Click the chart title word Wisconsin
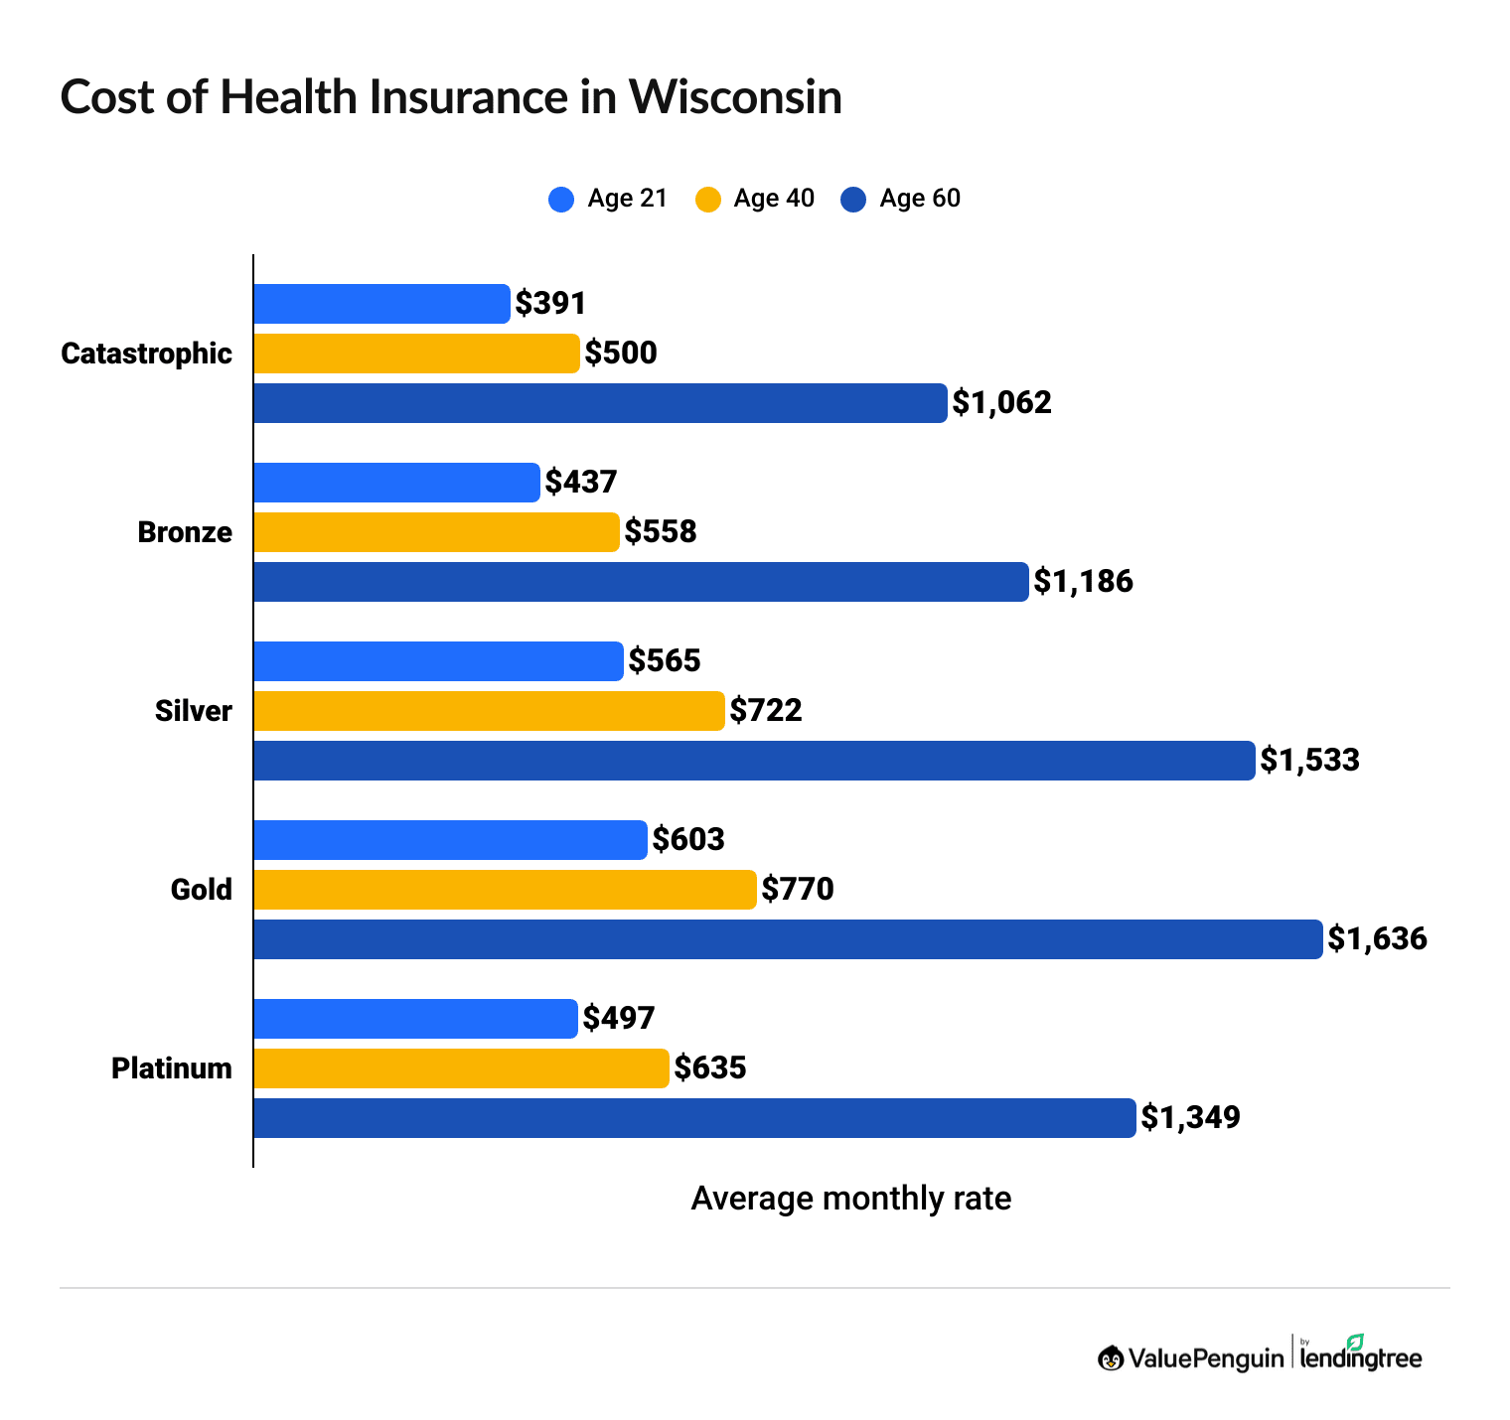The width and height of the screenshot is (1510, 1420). pyautogui.click(x=734, y=98)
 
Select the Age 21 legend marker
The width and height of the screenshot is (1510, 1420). pyautogui.click(x=561, y=199)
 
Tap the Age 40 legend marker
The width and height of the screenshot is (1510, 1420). pyautogui.click(x=707, y=199)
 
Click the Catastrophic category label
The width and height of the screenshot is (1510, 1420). pyautogui.click(x=146, y=354)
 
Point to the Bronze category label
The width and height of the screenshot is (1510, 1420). pyautogui.click(x=185, y=532)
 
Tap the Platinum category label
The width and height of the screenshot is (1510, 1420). pyautogui.click(x=172, y=1068)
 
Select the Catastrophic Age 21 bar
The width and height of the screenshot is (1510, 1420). pyautogui.click(x=381, y=304)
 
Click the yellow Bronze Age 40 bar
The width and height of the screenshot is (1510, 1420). pyautogui.click(x=436, y=532)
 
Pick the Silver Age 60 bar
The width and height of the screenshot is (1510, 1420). pyautogui.click(x=754, y=761)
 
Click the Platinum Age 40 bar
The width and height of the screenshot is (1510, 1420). pyautogui.click(x=461, y=1068)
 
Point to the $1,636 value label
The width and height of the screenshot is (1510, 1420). pyautogui.click(x=1377, y=938)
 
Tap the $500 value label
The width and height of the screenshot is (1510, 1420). pyautogui.click(x=621, y=354)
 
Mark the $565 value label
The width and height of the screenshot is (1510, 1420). pyautogui.click(x=665, y=660)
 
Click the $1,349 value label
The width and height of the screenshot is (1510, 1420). pyautogui.click(x=1190, y=1117)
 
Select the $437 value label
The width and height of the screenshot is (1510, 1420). pyautogui.click(x=581, y=483)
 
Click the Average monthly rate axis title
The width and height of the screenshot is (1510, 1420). pyautogui.click(x=850, y=1199)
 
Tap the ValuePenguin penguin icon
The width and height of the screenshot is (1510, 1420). pyautogui.click(x=1111, y=1357)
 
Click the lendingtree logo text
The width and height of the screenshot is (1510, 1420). pyautogui.click(x=1361, y=1357)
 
